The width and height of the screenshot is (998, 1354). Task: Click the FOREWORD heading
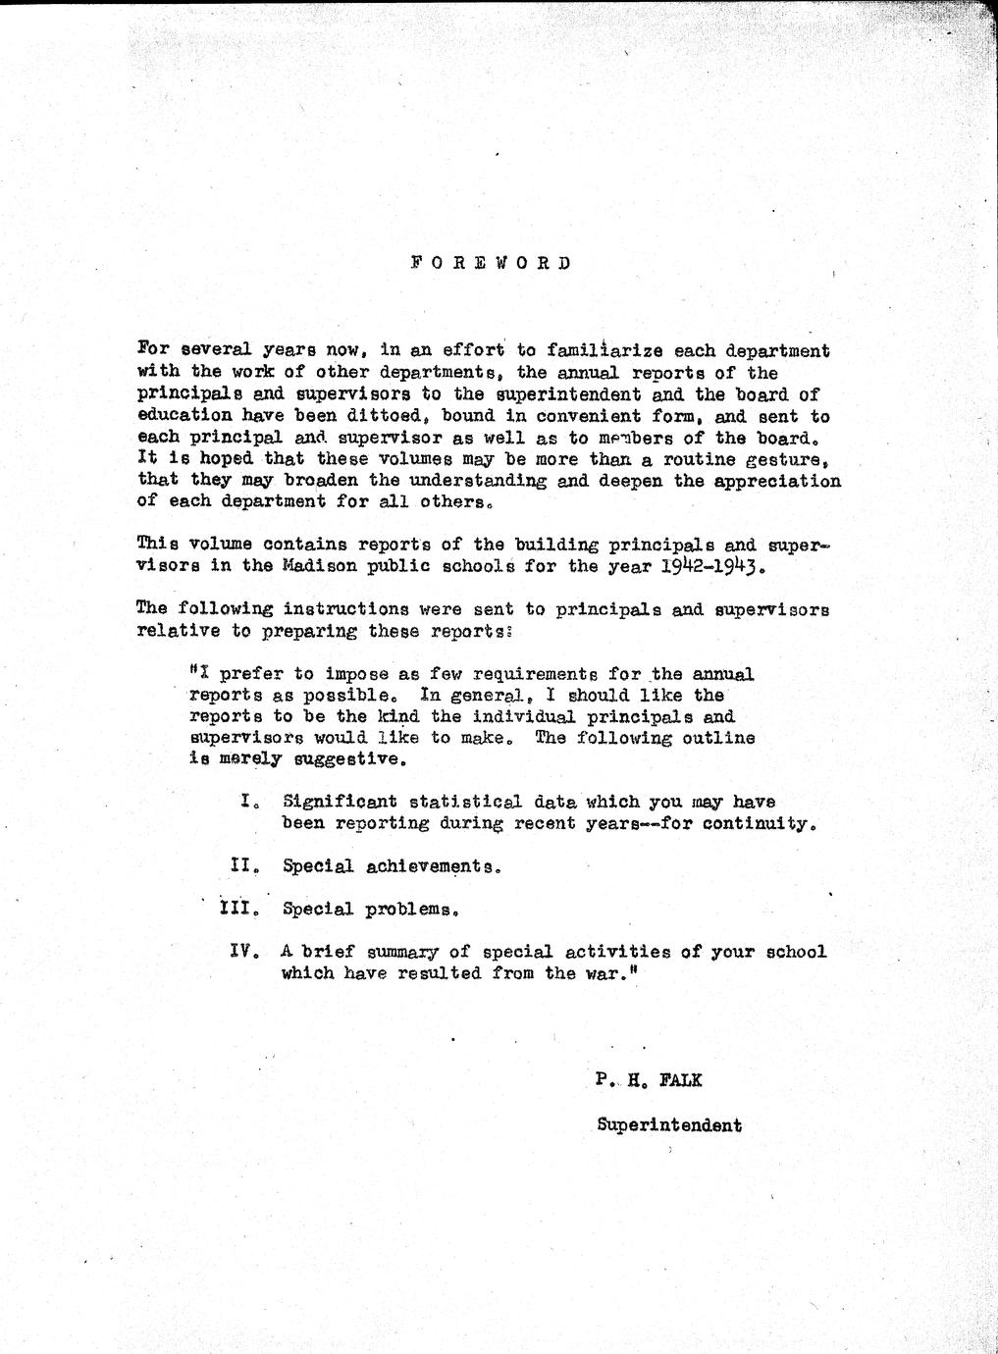pos(491,263)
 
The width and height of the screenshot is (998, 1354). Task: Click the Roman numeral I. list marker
pos(248,802)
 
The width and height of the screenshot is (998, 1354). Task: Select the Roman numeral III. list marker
pos(239,909)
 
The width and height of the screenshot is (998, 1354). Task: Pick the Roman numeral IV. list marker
pos(243,951)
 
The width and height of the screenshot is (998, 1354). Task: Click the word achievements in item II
pos(433,866)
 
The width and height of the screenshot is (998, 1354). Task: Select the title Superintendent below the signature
pos(669,1125)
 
